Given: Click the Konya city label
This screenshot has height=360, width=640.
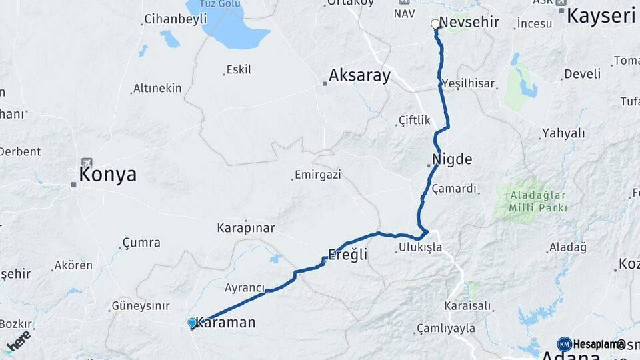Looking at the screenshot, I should (107, 175).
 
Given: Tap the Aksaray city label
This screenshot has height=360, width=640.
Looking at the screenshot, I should (360, 75).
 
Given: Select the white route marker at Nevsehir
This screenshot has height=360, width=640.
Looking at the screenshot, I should (435, 24).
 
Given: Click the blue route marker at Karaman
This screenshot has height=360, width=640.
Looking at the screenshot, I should (193, 323).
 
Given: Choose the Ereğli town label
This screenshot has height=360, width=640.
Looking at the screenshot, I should (347, 254).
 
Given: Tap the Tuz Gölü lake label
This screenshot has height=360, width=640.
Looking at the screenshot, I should (220, 4).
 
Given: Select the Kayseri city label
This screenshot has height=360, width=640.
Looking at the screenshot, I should (601, 15).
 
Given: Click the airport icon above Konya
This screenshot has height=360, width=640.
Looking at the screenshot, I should (87, 162).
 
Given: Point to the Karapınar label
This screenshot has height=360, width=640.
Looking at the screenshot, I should (245, 228).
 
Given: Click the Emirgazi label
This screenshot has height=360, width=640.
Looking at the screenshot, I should (317, 175).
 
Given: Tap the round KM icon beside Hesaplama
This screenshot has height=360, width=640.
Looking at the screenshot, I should (564, 344).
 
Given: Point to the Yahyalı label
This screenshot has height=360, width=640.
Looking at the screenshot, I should (563, 133).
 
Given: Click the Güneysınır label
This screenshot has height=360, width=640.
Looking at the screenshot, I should (141, 306).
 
